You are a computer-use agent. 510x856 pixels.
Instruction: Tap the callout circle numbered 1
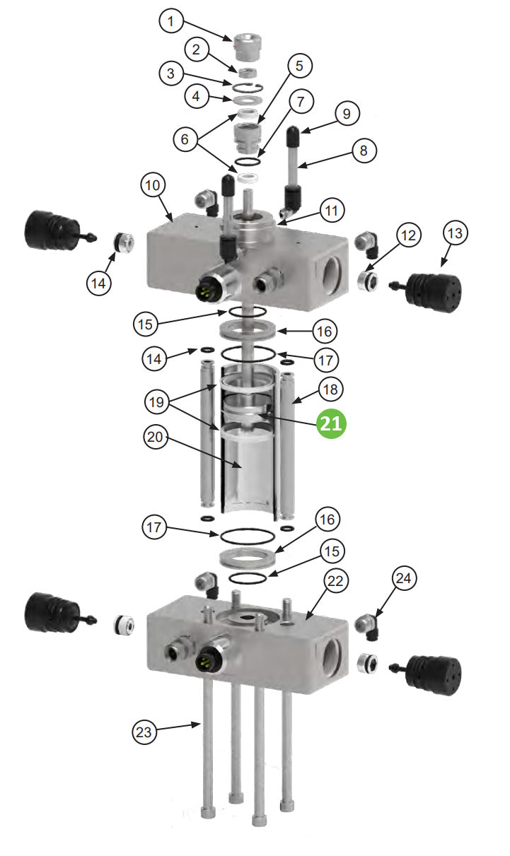170,21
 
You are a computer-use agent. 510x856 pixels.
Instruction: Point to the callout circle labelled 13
456,234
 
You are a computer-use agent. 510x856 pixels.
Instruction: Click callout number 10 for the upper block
154,185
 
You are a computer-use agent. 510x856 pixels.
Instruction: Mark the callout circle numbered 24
403,580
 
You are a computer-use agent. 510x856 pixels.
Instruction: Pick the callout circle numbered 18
330,389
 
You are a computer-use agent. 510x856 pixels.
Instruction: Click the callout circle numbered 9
347,113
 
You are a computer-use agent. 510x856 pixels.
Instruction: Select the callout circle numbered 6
185,139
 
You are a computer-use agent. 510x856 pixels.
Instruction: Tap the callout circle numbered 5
299,66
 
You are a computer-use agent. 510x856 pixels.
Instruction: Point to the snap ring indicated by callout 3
248,86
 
